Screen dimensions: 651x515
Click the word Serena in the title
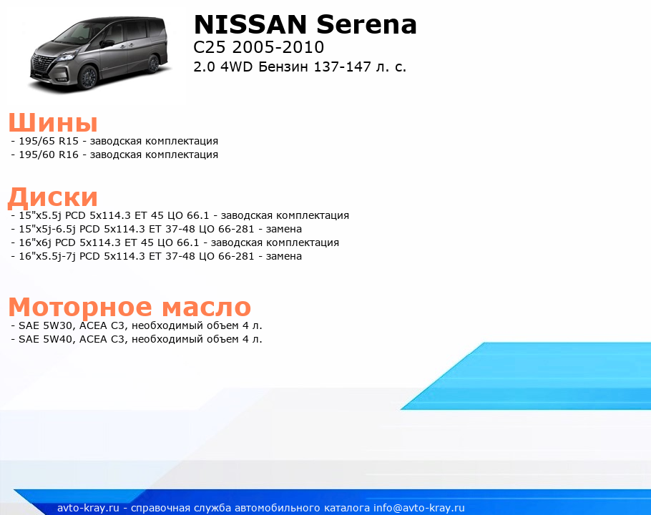(366, 24)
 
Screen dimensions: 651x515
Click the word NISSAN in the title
(250, 24)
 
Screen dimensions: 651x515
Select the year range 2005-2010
(278, 47)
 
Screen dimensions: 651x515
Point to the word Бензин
(283, 67)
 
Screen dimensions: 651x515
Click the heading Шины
(53, 123)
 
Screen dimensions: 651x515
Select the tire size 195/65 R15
(49, 141)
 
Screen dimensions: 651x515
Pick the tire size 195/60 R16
(49, 154)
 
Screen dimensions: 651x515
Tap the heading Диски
(53, 197)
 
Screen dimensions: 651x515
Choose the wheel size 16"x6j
(35, 242)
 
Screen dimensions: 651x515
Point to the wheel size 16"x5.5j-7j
(47, 257)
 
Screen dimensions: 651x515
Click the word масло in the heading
(206, 307)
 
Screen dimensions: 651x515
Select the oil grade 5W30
(57, 325)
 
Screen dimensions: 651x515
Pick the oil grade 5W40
(57, 340)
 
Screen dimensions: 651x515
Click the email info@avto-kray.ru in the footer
(419, 508)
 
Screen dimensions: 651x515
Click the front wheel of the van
(89, 76)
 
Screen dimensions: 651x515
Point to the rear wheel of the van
(153, 64)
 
